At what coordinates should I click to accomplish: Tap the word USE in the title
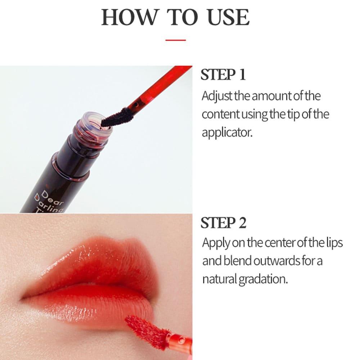tap(228, 17)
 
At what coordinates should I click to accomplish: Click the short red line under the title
tap(176, 40)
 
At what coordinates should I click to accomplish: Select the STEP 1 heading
tap(223, 75)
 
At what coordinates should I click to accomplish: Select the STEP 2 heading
tap(224, 223)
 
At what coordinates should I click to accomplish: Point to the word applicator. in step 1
tap(227, 133)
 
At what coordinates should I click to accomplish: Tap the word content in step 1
tap(220, 114)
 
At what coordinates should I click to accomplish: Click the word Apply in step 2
tap(216, 243)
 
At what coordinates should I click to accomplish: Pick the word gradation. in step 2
tap(263, 280)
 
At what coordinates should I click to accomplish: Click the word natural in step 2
tap(220, 279)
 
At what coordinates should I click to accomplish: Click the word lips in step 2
tap(334, 243)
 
